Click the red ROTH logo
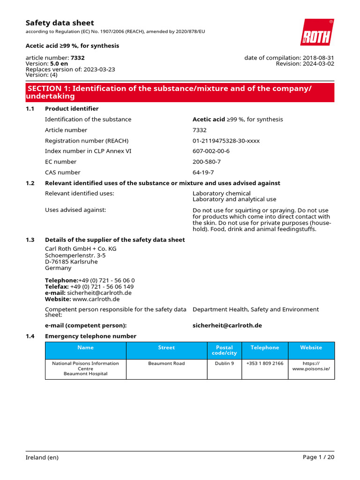(317, 32)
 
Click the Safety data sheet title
(60, 23)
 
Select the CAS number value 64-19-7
(203, 172)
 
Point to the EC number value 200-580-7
(206, 162)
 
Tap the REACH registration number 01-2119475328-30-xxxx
(226, 141)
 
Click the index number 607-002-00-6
(211, 151)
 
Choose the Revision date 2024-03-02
(319, 64)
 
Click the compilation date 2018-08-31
(319, 58)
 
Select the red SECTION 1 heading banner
(180, 92)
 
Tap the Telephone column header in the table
(265, 348)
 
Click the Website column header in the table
(311, 348)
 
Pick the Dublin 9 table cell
(224, 363)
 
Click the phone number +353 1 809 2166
(265, 363)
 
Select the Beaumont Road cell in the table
(166, 363)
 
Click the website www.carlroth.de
(96, 299)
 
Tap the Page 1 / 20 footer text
(318, 457)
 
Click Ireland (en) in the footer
(42, 457)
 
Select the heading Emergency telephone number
(90, 336)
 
